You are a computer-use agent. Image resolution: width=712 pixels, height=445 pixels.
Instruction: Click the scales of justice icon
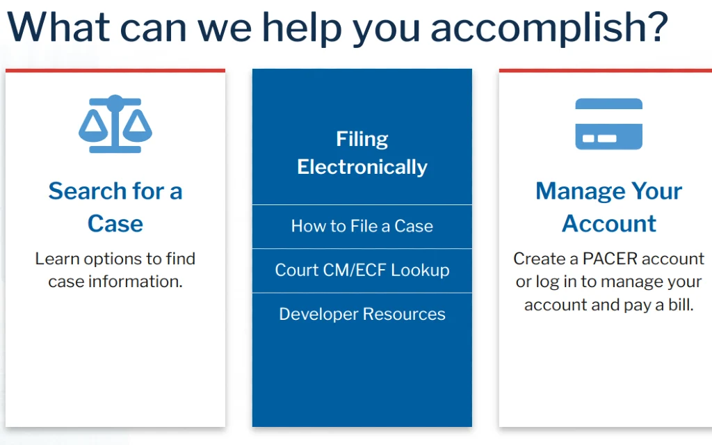tap(115, 124)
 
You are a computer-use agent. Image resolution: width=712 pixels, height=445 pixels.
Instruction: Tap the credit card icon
tap(608, 124)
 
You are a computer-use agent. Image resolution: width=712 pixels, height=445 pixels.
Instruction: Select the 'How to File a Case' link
tap(362, 226)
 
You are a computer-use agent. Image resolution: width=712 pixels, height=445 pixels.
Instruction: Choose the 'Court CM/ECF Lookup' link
tap(362, 270)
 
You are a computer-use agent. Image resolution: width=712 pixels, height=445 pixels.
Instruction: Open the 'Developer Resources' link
tap(362, 314)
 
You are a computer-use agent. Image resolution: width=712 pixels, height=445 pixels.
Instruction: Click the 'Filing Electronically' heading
tap(362, 153)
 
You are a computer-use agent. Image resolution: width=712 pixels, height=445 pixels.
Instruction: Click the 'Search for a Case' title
tap(115, 207)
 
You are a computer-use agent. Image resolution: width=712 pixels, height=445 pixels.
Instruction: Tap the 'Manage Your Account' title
tap(608, 207)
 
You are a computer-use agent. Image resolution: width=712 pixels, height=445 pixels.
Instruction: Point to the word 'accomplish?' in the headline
tap(549, 28)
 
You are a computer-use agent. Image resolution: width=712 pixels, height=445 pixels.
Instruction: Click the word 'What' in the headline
tap(58, 27)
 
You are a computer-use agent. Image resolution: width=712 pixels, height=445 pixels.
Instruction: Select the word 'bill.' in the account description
tap(681, 305)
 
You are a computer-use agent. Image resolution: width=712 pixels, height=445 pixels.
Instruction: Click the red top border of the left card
tap(115, 70)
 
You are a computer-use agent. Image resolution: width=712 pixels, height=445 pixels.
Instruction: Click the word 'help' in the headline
tap(302, 28)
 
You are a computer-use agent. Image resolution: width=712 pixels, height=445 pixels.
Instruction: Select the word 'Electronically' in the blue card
tap(362, 167)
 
